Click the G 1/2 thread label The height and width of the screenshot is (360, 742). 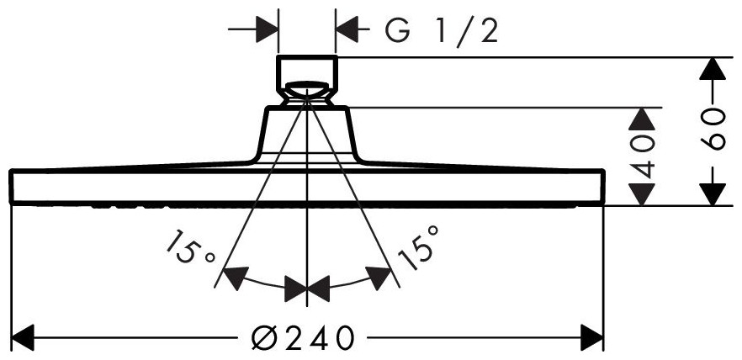pyautogui.click(x=441, y=32)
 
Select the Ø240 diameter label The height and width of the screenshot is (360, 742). pyautogui.click(x=302, y=337)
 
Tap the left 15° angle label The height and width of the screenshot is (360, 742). pyautogui.click(x=189, y=247)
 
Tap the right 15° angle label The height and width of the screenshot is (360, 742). pyautogui.click(x=418, y=247)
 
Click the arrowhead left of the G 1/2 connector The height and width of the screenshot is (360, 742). pyautogui.click(x=267, y=29)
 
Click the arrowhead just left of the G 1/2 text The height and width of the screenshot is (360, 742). pyautogui.click(x=347, y=29)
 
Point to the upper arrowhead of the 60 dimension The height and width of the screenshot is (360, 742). pyautogui.click(x=713, y=69)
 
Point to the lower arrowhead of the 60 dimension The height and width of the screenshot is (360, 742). pyautogui.click(x=713, y=194)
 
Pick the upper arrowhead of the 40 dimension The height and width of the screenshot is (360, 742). pyautogui.click(x=642, y=119)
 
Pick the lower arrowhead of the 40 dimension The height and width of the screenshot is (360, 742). pyautogui.click(x=642, y=194)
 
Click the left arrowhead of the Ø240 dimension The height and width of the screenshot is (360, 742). pyautogui.click(x=23, y=338)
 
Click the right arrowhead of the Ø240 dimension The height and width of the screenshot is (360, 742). pyautogui.click(x=592, y=338)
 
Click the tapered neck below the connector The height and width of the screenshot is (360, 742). pyautogui.click(x=307, y=135)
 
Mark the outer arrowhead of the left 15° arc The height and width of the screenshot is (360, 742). pyautogui.click(x=236, y=278)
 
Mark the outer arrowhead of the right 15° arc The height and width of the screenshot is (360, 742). pyautogui.click(x=379, y=278)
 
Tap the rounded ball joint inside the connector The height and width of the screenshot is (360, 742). pyautogui.click(x=307, y=92)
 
